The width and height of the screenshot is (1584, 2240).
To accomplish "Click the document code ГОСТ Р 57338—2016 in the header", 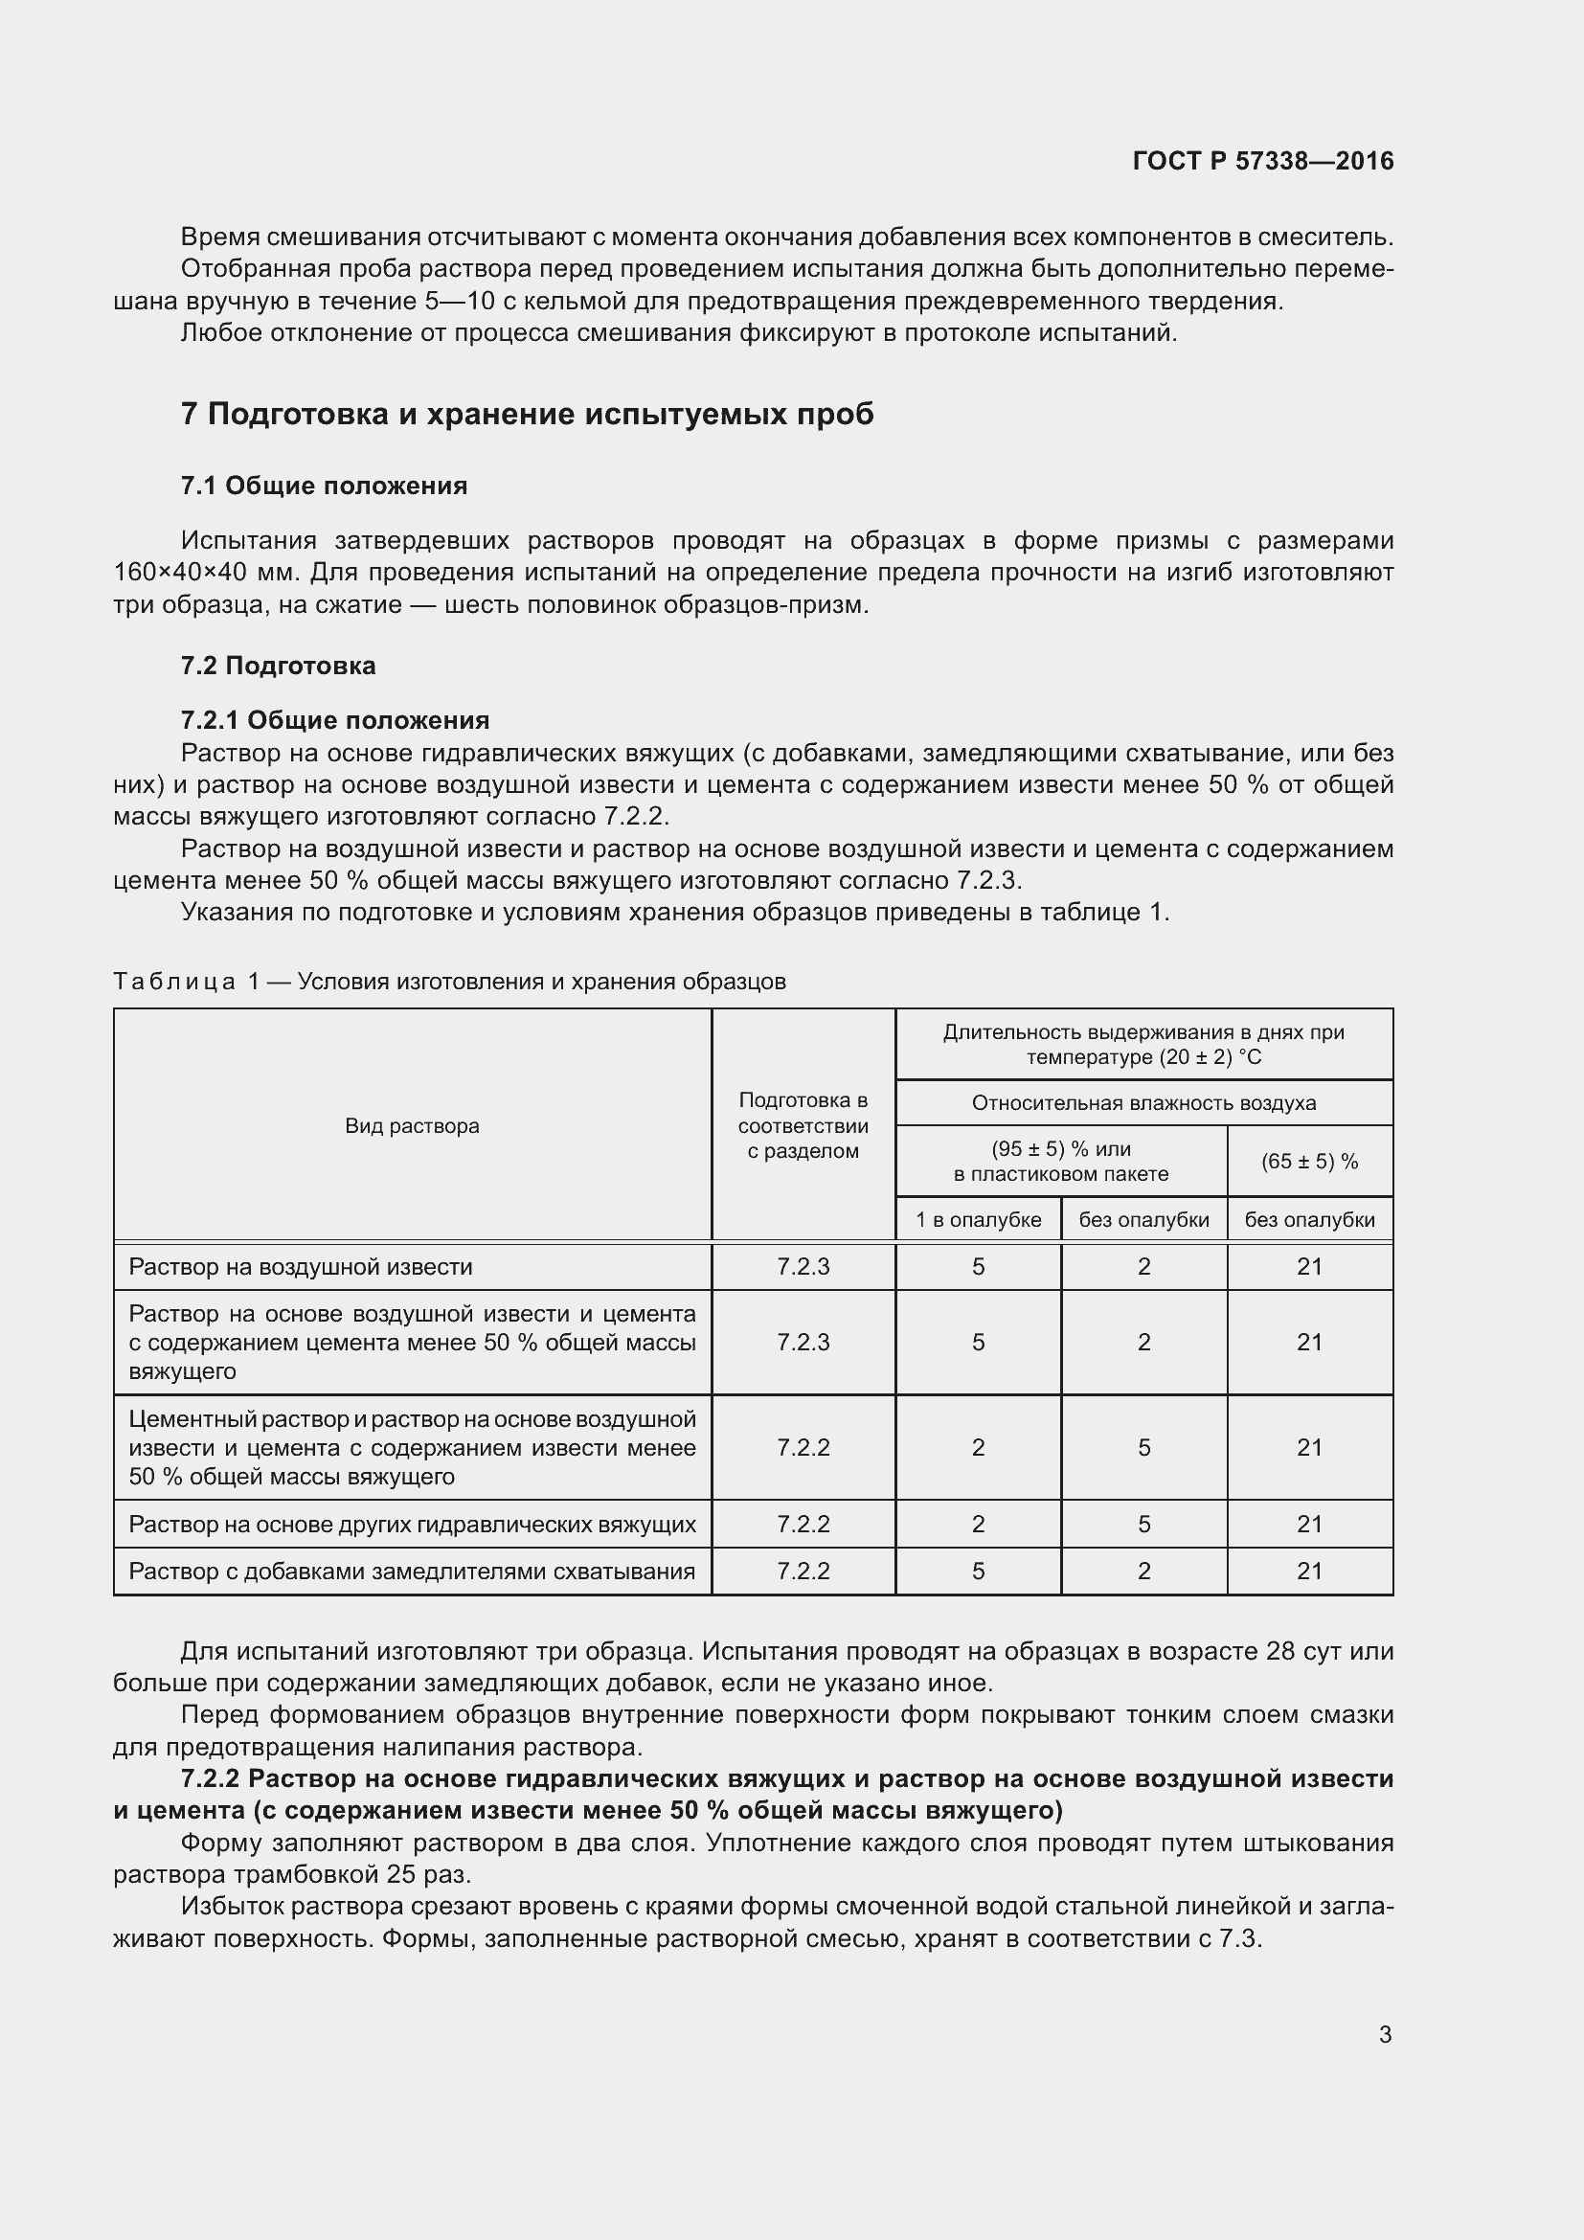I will tap(1263, 161).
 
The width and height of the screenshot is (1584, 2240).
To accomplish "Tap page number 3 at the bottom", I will tap(1385, 2034).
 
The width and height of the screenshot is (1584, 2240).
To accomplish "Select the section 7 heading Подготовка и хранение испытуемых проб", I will tap(527, 415).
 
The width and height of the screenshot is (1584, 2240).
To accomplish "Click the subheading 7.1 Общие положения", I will tap(324, 486).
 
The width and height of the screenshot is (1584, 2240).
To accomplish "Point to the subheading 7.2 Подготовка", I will tap(278, 666).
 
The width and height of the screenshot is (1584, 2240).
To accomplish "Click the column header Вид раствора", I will tap(412, 1126).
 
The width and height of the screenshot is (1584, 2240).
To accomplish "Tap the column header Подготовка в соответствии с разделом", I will tap(803, 1126).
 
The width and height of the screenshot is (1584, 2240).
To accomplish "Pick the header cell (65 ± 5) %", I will tap(1309, 1161).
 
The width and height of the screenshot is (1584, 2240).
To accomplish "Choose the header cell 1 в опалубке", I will tap(978, 1219).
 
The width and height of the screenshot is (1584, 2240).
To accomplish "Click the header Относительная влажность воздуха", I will tap(1143, 1103).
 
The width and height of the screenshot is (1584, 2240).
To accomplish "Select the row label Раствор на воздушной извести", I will tap(301, 1266).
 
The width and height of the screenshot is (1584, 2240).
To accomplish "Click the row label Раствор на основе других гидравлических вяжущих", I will tap(412, 1524).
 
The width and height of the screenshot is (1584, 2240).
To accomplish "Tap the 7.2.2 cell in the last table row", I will tap(803, 1571).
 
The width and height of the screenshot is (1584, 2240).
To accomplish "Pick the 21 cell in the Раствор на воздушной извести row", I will tap(1309, 1266).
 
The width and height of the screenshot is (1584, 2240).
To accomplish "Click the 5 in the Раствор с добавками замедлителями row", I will tap(978, 1571).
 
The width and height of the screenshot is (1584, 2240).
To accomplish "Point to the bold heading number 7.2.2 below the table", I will tap(210, 1778).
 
